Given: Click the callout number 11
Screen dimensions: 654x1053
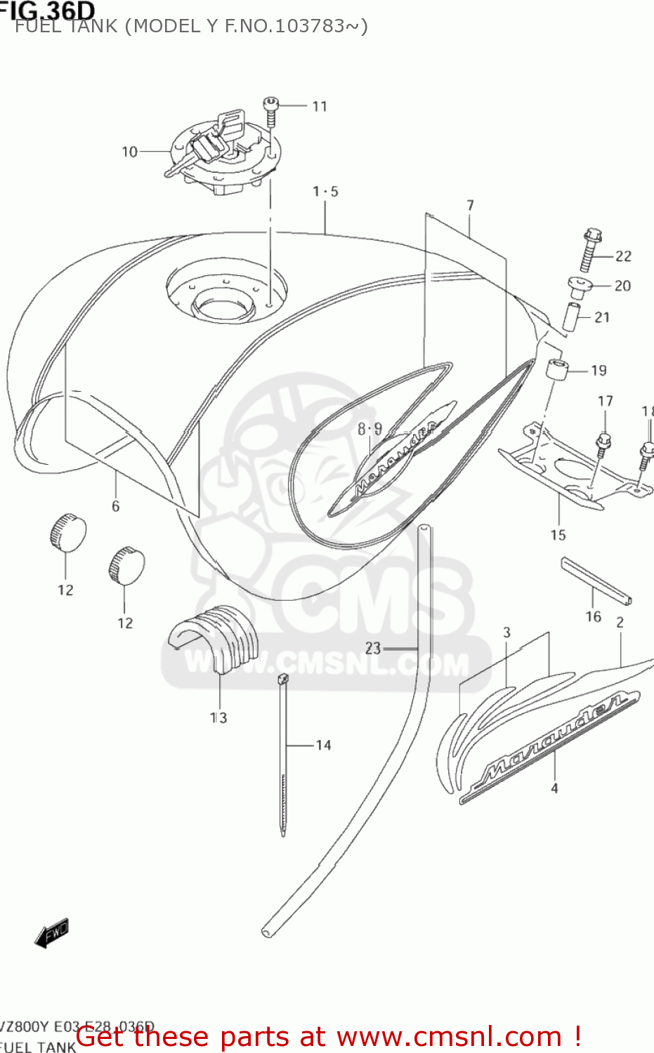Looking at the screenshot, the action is pyautogui.click(x=320, y=106).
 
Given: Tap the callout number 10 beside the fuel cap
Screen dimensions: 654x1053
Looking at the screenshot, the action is pyautogui.click(x=129, y=152).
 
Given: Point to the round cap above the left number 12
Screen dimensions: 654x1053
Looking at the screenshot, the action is pyautogui.click(x=67, y=531).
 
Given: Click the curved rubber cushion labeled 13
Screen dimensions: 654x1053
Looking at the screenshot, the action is pyautogui.click(x=214, y=636).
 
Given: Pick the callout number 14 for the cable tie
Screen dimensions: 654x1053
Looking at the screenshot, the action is pyautogui.click(x=323, y=746).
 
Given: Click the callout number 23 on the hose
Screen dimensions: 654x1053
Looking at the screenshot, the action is pyautogui.click(x=372, y=648).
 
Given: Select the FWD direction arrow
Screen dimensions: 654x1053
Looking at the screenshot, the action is pyautogui.click(x=52, y=934).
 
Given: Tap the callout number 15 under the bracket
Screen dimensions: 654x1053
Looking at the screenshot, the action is pyautogui.click(x=558, y=536).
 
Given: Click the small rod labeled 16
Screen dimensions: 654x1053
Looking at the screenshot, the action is pyautogui.click(x=596, y=580).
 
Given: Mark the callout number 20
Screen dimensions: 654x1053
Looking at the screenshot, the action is pyautogui.click(x=622, y=286).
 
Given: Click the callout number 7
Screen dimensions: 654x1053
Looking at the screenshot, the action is pyautogui.click(x=470, y=205).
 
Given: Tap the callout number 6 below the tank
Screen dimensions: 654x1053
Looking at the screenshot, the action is pyautogui.click(x=115, y=506).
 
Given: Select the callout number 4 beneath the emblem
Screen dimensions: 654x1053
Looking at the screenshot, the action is pyautogui.click(x=554, y=788).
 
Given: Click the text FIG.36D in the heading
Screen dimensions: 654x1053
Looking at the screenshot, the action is pyautogui.click(x=48, y=10).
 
